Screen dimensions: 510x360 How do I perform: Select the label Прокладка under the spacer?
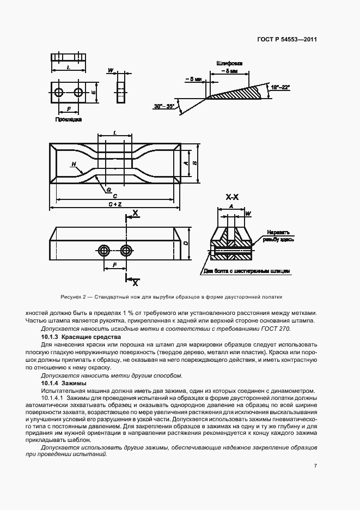(x=68, y=119)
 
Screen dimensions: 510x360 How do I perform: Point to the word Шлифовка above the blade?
(x=229, y=63)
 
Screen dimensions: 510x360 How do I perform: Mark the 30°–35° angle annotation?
(x=163, y=106)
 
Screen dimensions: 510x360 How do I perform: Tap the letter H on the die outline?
(x=73, y=163)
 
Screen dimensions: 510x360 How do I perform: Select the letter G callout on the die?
(x=109, y=189)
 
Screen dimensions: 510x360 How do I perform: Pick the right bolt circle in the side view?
(x=127, y=250)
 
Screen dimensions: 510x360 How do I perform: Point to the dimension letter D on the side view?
(x=186, y=243)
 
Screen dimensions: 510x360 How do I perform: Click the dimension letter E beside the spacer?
(x=94, y=93)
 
